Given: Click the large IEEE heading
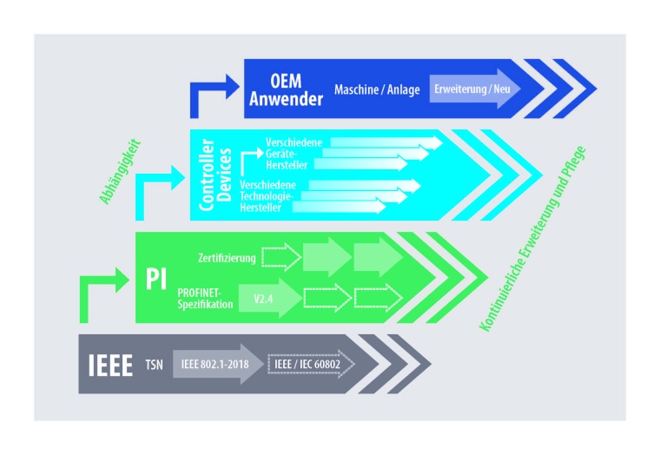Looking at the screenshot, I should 110,362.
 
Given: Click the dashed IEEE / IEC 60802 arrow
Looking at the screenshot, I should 311,364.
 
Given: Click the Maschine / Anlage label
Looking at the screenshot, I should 378,89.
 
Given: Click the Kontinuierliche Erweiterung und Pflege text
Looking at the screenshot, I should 532,241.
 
